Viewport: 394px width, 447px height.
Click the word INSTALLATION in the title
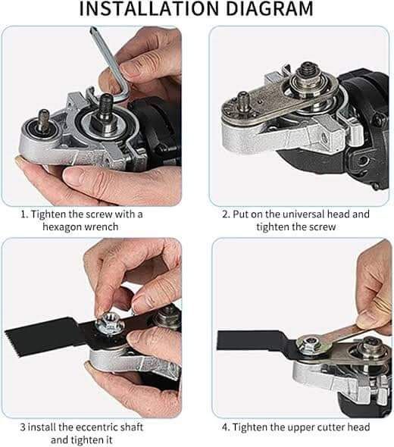pos(142,10)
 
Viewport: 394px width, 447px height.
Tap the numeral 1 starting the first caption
pos(23,214)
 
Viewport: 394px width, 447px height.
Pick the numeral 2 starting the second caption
pos(225,214)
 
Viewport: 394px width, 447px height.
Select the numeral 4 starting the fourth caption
pos(225,427)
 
